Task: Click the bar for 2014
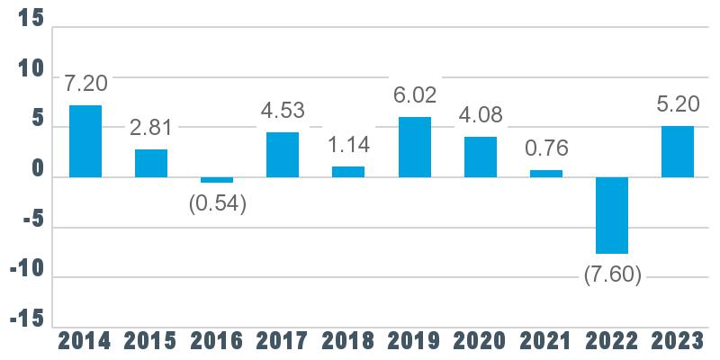(x=85, y=141)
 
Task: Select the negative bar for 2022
(x=612, y=215)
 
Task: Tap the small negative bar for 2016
(x=217, y=180)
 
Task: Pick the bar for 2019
(x=415, y=147)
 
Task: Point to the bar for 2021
(x=546, y=174)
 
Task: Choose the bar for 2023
(x=678, y=151)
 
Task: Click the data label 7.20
(x=85, y=84)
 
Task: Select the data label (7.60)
(x=613, y=275)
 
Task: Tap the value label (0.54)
(x=218, y=204)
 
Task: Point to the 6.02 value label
(x=415, y=94)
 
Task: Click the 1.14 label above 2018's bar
(x=349, y=145)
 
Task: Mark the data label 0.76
(x=546, y=148)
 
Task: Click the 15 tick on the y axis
(x=31, y=19)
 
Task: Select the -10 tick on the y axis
(x=28, y=270)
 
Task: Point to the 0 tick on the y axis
(x=38, y=170)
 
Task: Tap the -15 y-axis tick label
(x=28, y=320)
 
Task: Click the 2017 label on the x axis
(x=283, y=342)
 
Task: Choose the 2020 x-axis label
(x=480, y=342)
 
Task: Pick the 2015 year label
(x=150, y=342)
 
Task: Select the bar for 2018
(x=348, y=172)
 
